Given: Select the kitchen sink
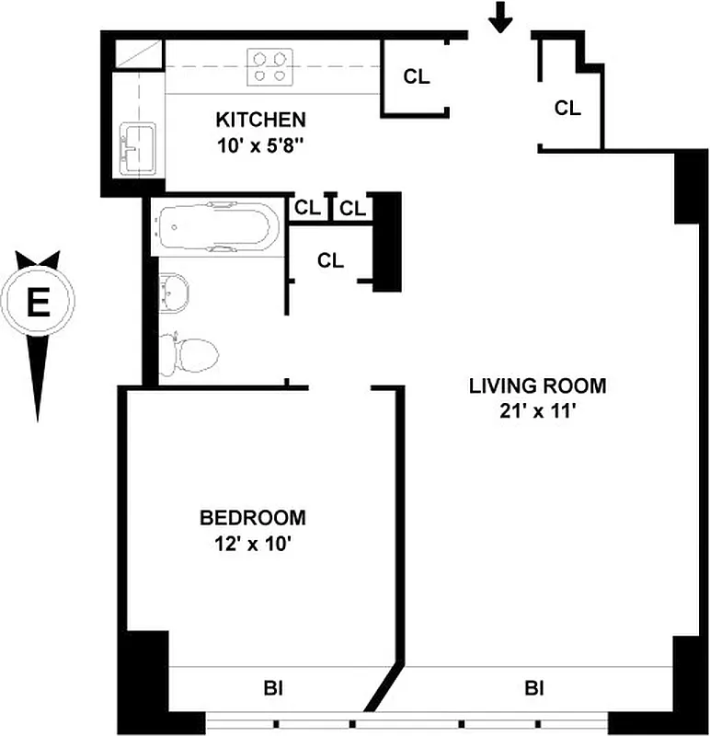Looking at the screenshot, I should (137, 146).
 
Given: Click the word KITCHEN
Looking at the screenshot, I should (260, 120).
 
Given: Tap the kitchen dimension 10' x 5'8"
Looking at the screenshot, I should (260, 144).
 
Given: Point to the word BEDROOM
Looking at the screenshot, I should (253, 518).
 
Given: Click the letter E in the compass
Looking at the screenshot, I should (38, 303).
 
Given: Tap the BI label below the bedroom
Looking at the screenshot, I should (272, 687).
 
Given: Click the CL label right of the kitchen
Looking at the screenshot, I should (417, 77).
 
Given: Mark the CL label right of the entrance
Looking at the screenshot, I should (567, 108).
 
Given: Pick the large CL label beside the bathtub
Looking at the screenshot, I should (330, 260).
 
